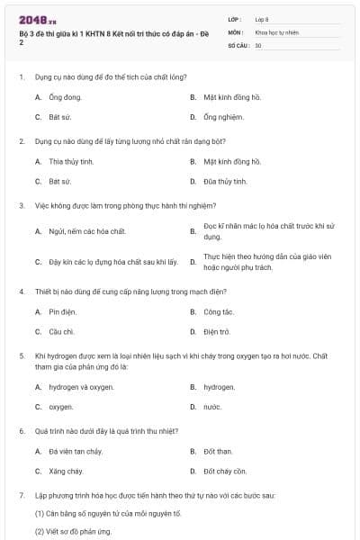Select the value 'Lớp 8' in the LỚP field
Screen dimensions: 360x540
pyautogui.click(x=262, y=19)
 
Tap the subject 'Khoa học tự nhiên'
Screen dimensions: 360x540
pyautogui.click(x=276, y=31)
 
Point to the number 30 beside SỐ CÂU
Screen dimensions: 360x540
pyautogui.click(x=258, y=44)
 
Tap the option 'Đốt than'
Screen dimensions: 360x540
pyautogui.click(x=218, y=451)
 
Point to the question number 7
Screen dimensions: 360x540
pyautogui.click(x=21, y=495)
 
